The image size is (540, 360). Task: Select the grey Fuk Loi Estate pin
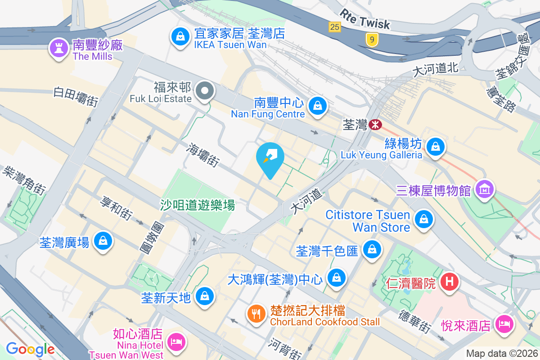205,91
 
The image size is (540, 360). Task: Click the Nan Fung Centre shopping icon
318,106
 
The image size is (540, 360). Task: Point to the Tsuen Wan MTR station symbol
374,124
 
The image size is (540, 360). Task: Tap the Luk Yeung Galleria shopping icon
435,147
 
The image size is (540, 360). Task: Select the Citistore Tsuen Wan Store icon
423,220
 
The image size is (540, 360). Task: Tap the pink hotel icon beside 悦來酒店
504,323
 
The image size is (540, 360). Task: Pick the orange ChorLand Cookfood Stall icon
256,313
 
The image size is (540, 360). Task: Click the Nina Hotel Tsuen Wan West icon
175,341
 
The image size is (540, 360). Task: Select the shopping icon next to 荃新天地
205,296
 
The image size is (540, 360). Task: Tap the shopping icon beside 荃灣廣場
103,241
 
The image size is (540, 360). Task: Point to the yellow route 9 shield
372,40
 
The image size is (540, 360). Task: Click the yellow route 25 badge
334,27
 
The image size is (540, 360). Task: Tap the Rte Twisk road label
365,19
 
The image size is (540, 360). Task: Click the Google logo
30,349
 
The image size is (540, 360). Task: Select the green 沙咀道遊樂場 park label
198,206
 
